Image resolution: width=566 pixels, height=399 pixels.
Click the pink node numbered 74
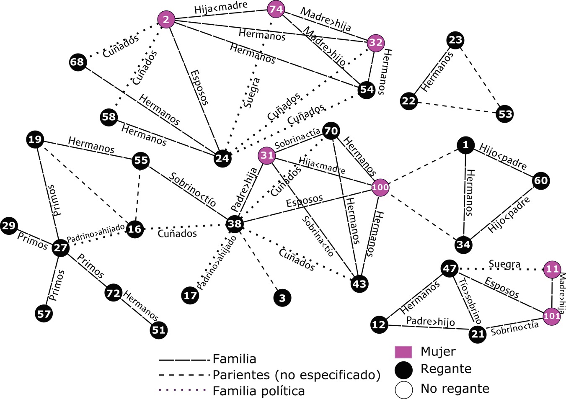point(276,9)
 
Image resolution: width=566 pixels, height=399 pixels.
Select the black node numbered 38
point(234,224)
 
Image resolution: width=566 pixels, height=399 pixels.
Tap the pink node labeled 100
point(380,187)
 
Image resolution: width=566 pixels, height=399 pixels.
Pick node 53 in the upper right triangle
point(505,114)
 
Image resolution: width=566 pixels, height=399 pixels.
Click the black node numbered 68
point(77,62)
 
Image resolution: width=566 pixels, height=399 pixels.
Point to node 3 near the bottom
point(282,298)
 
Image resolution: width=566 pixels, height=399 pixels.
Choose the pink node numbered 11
point(552,269)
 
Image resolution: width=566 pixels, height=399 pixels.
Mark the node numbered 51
point(158,330)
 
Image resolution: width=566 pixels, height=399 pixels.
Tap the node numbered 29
point(8,226)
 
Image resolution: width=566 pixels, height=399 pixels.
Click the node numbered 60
point(541,180)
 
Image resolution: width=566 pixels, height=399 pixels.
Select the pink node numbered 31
point(267,156)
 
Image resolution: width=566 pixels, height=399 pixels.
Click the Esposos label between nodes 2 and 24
point(199,87)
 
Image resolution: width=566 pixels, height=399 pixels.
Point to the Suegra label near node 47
point(504,265)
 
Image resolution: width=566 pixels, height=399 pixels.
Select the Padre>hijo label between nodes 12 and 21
point(430,322)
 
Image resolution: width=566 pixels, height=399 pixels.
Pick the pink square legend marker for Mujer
point(403,352)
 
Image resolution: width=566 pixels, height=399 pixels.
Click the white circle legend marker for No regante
point(403,389)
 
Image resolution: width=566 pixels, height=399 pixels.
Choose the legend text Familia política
point(258,391)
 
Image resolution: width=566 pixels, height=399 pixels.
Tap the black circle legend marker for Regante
point(403,370)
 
